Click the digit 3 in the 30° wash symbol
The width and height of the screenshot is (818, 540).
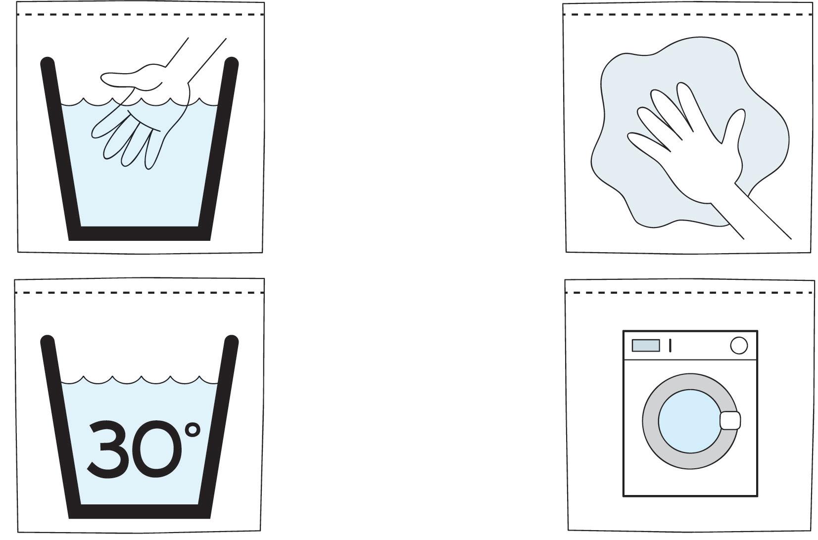(x=107, y=449)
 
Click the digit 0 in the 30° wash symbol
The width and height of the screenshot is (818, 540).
(x=156, y=449)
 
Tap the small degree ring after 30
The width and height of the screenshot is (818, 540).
(x=192, y=430)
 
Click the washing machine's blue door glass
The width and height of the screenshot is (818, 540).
(x=689, y=421)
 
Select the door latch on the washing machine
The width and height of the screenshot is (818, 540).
(x=730, y=421)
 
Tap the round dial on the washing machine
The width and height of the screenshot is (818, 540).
(x=739, y=345)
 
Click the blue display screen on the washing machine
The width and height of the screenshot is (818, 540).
(x=646, y=345)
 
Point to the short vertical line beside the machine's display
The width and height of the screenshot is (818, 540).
(x=670, y=346)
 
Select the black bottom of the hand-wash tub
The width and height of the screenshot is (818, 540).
(x=140, y=233)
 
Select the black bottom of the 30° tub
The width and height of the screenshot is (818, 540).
(x=140, y=511)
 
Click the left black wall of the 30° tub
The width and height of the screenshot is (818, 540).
(x=60, y=426)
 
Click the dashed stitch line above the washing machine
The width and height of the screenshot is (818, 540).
(x=689, y=293)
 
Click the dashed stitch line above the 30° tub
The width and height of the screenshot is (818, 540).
(x=139, y=293)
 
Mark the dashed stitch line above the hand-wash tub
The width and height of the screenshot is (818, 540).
(x=140, y=15)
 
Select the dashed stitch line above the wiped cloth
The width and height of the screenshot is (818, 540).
(x=688, y=15)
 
